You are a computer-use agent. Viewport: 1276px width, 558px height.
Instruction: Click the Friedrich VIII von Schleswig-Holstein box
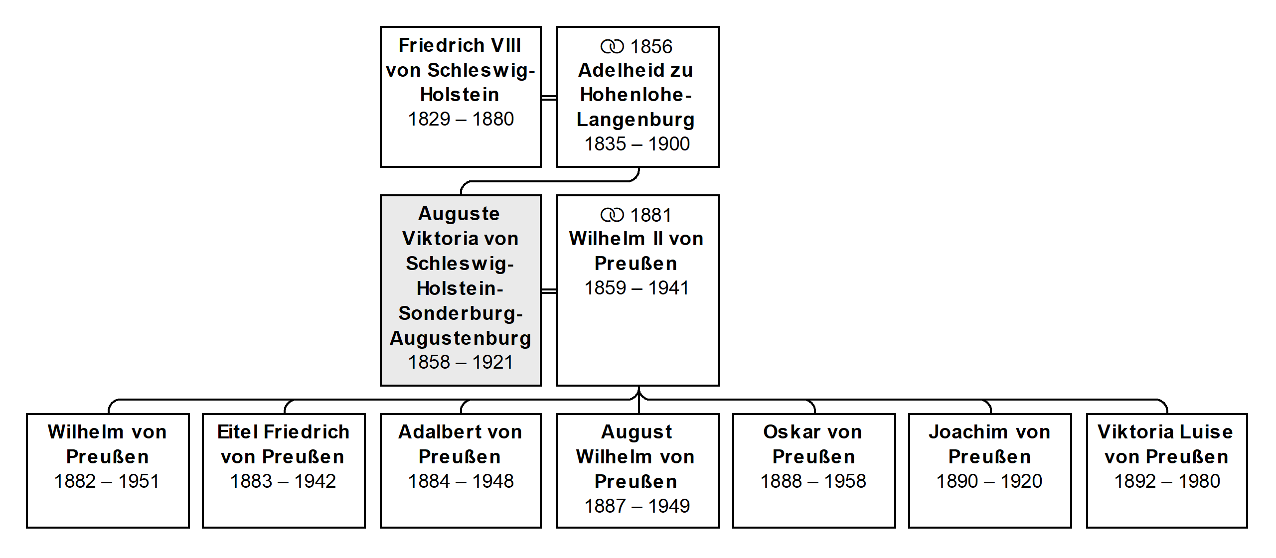[461, 97]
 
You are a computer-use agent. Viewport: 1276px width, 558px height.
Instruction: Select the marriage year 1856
[651, 47]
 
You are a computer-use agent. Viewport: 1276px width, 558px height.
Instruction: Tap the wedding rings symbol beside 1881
[612, 215]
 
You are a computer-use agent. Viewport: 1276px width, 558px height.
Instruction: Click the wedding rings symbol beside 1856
[612, 47]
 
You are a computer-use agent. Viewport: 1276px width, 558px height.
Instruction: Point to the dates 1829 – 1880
[461, 119]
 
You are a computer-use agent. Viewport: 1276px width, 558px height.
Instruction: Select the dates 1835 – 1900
[637, 144]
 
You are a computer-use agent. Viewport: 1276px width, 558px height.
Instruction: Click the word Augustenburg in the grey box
[461, 339]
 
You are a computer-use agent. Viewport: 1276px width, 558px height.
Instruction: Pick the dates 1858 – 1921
[461, 362]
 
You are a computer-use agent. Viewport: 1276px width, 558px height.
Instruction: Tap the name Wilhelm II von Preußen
[636, 251]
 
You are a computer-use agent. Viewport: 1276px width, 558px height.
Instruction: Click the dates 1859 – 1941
[637, 288]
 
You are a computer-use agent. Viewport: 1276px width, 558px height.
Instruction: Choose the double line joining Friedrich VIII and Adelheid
[549, 97]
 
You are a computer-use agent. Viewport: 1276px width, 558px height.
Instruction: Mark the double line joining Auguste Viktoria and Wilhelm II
[549, 290]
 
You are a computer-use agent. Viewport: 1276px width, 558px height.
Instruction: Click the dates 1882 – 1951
[107, 481]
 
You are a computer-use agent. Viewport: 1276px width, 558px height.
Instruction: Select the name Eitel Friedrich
[284, 432]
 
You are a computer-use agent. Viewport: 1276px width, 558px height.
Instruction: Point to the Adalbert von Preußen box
[461, 470]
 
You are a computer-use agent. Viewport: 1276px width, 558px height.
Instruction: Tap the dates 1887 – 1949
[637, 506]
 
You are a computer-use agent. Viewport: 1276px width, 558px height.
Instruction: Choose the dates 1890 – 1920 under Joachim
[989, 481]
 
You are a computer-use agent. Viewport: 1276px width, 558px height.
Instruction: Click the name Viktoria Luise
[1165, 432]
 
